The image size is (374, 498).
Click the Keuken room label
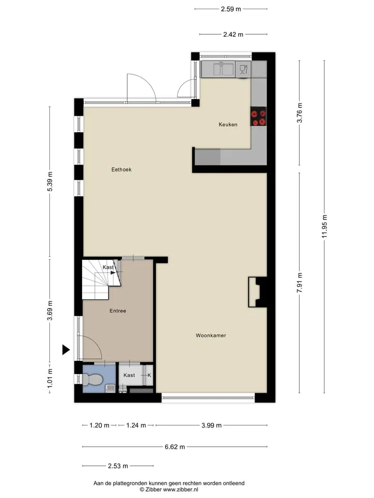pos(228,125)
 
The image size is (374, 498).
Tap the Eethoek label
pos(121,170)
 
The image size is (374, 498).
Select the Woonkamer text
pos(210,336)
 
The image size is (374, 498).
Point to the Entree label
pos(118,311)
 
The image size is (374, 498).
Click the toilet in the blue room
pos(92,379)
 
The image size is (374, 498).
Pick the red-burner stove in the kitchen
pos(258,117)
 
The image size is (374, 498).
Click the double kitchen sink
pos(223,69)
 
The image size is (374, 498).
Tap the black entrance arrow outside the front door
pos(65,350)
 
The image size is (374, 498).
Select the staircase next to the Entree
pos(101,280)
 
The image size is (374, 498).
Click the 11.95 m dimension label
pos(324,226)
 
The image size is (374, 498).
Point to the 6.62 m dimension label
pos(175,447)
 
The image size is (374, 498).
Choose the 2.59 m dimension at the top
pos(231,9)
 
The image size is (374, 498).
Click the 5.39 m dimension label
pos(50,182)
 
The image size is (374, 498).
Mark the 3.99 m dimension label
pos(211,425)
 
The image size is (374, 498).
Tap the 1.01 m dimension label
pos(50,378)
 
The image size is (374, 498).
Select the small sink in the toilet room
pos(110,388)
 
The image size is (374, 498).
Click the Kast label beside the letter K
pos(129,375)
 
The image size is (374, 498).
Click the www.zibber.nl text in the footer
pos(180,489)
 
